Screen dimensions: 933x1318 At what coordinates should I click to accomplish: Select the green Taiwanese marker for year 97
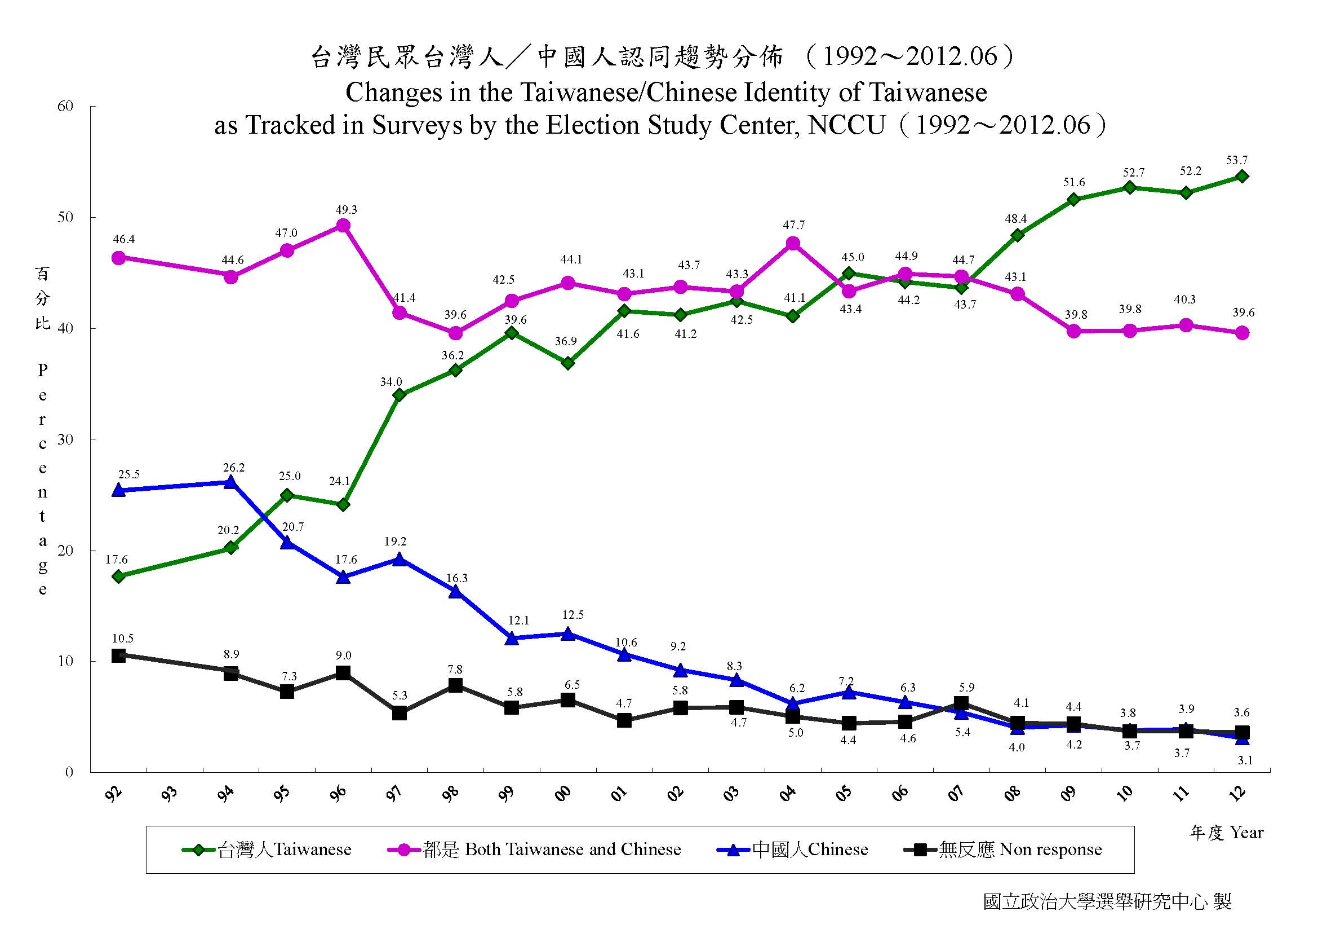tap(400, 395)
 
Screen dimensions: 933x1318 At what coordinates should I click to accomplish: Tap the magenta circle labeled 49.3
tap(343, 226)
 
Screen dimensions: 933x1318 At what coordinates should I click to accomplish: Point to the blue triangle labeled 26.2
tap(231, 482)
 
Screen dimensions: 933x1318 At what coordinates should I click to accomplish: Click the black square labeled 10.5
tap(118, 655)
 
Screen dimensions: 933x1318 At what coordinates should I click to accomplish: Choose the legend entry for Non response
tap(1003, 850)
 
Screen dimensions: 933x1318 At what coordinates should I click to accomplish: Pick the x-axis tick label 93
tap(170, 794)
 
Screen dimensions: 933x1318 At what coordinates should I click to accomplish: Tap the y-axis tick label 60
tap(65, 106)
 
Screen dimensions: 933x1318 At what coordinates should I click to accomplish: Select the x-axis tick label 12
tap(1239, 794)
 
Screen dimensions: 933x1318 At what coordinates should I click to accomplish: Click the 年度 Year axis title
tap(1226, 833)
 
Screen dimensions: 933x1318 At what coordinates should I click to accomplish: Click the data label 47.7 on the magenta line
tap(793, 225)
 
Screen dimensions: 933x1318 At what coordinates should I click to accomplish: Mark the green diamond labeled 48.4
tap(1018, 235)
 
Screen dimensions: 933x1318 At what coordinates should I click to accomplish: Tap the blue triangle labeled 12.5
tap(568, 633)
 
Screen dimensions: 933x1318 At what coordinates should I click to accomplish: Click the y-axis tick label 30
tap(65, 439)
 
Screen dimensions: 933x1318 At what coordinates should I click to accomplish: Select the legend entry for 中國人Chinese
tap(793, 850)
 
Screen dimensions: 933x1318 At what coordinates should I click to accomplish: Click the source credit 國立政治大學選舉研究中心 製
tap(1107, 901)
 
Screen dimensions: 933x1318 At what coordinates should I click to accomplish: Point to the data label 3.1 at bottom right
tap(1245, 760)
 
